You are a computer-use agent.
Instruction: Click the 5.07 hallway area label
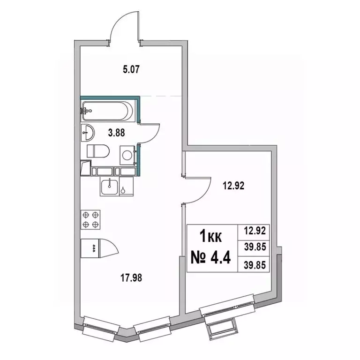(131, 72)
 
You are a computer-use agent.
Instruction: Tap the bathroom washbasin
(88, 133)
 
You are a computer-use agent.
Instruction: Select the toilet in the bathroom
(98, 151)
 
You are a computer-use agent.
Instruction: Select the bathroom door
(151, 133)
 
